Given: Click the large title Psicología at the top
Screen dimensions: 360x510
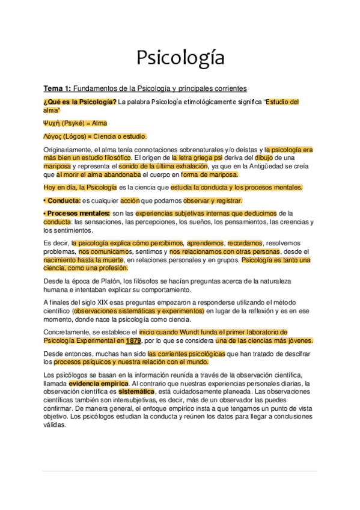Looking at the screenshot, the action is tap(180, 58).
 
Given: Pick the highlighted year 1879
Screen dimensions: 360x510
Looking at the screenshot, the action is tap(142, 340).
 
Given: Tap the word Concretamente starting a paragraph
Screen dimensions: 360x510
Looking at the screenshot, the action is tap(69, 332).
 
